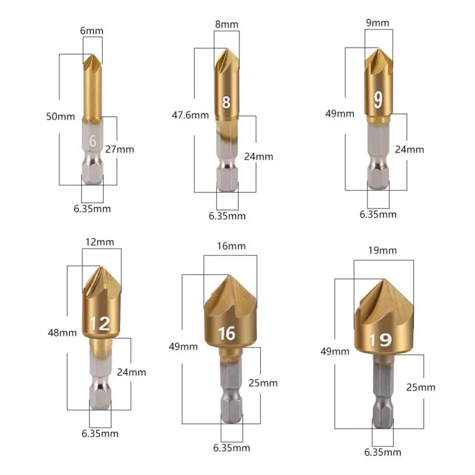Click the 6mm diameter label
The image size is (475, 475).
(92, 30)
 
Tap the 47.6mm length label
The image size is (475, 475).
(190, 115)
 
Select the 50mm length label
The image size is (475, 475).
(60, 116)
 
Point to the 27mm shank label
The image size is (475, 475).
(120, 149)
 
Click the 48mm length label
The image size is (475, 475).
(62, 333)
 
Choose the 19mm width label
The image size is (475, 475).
(382, 251)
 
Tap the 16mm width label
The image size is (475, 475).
(231, 246)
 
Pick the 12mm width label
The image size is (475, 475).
(100, 242)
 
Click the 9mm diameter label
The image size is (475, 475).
(377, 23)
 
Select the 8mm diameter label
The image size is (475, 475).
(227, 24)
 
